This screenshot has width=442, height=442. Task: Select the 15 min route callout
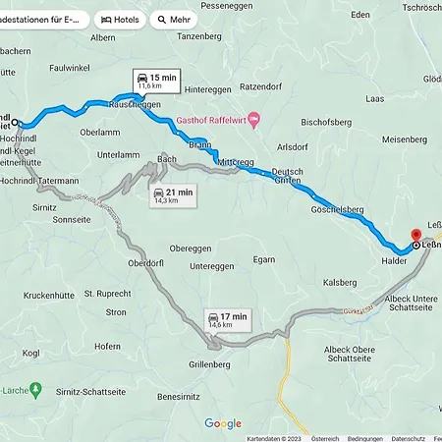point(155,81)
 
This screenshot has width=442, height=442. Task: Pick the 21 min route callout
point(173,195)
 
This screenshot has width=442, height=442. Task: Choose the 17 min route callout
point(227,318)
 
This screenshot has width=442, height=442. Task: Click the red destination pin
point(415,238)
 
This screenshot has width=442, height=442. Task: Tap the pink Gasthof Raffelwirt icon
point(254,120)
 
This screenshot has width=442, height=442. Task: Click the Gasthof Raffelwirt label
point(211,120)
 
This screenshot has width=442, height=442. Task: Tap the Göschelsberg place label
point(339,210)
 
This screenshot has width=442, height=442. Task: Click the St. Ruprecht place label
point(108,293)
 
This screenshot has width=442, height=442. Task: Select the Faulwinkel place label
point(70,68)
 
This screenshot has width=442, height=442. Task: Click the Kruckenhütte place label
point(49,294)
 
